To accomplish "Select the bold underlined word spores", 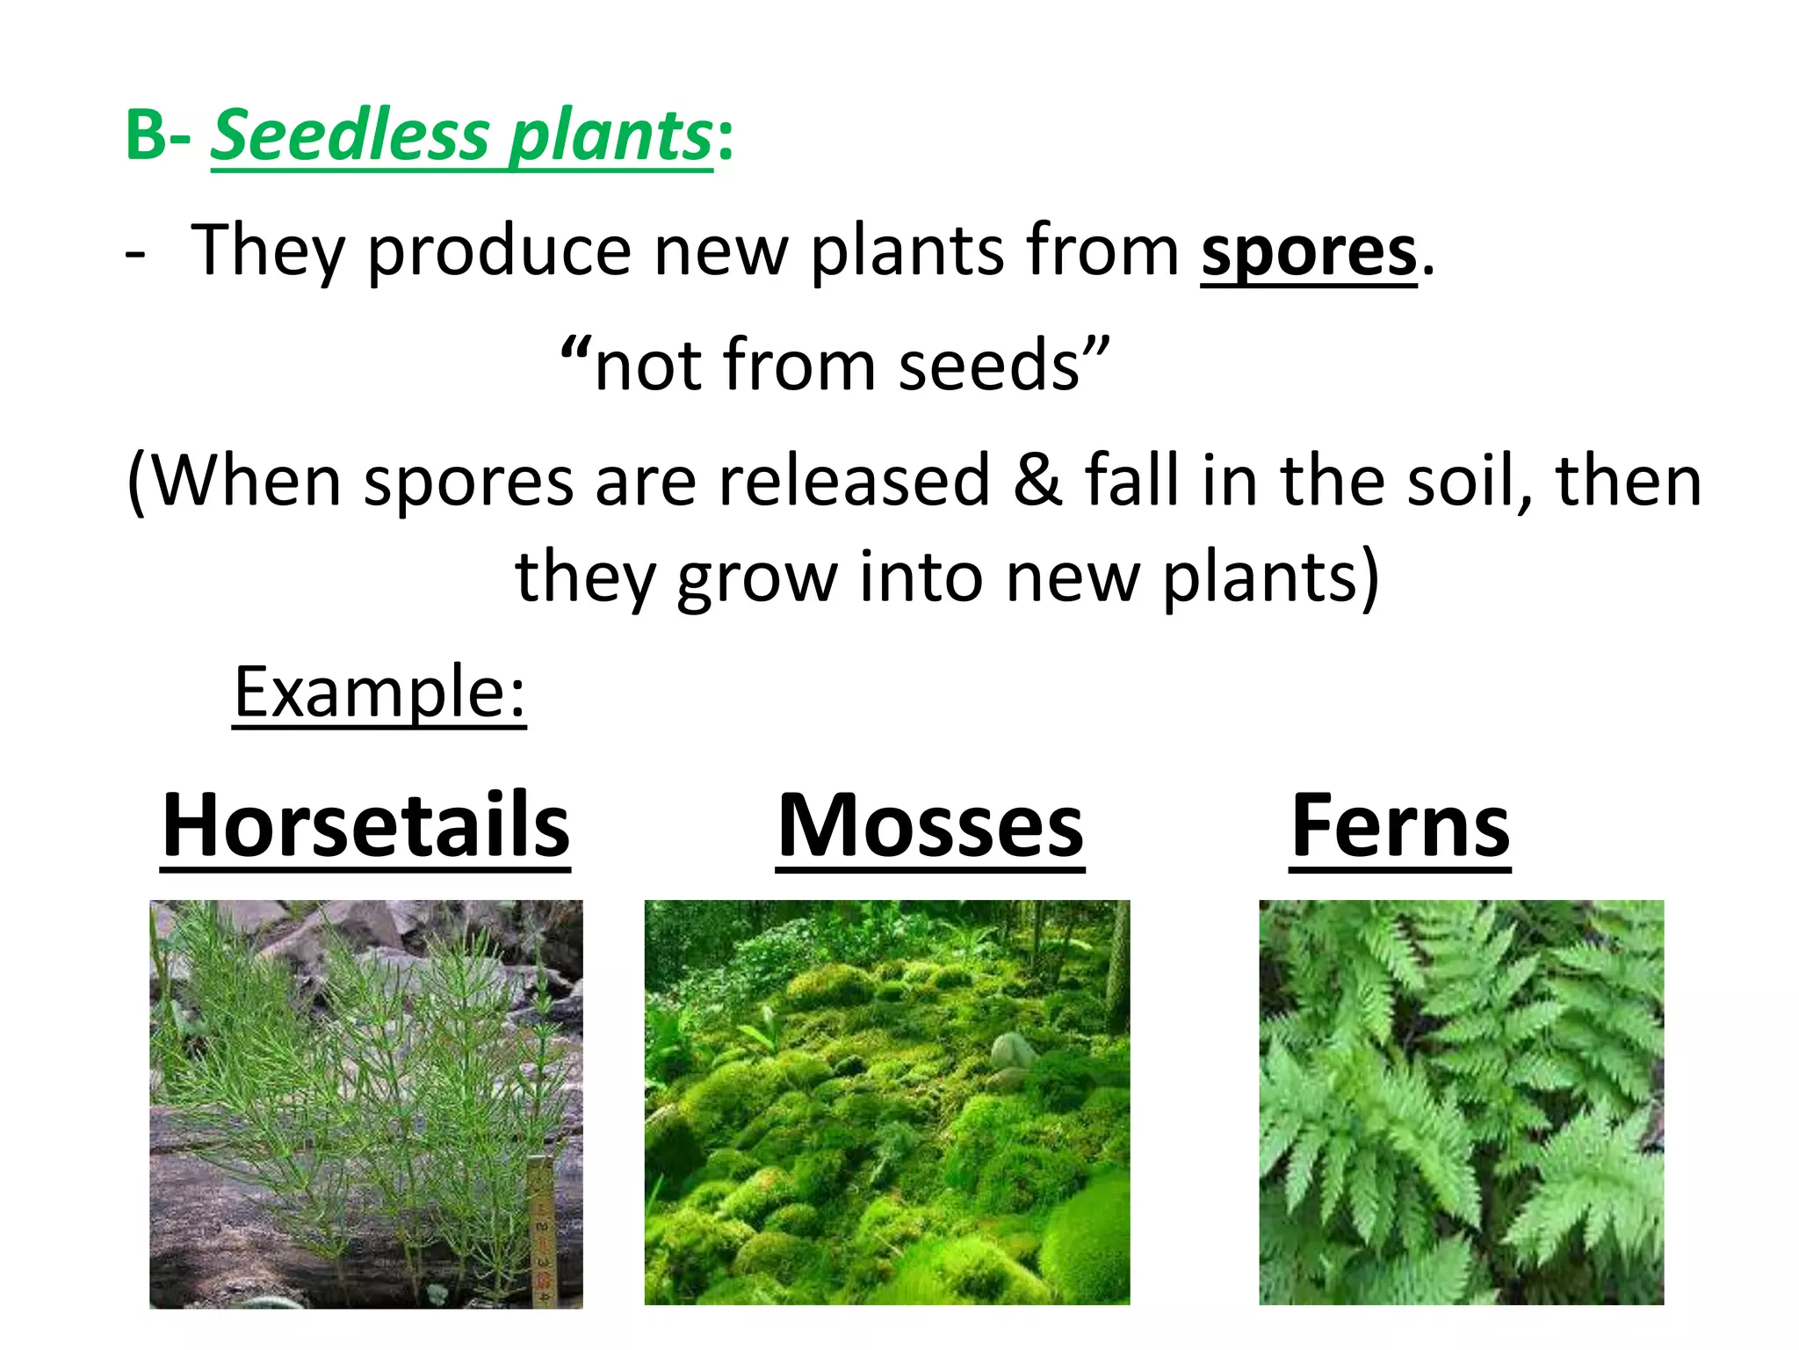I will [x=1309, y=252].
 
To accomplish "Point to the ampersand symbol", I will [x=1037, y=480].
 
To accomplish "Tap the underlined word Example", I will [x=379, y=693].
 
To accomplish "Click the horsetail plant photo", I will [x=365, y=1103].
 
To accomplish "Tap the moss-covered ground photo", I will [x=887, y=1101].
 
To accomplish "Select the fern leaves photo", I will [x=1461, y=1101].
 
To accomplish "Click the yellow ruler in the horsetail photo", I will [x=540, y=1230].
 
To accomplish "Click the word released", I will [x=855, y=480].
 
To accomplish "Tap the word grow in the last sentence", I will [x=756, y=578].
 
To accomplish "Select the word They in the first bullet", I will [x=268, y=252].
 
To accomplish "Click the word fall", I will [x=1132, y=480].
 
